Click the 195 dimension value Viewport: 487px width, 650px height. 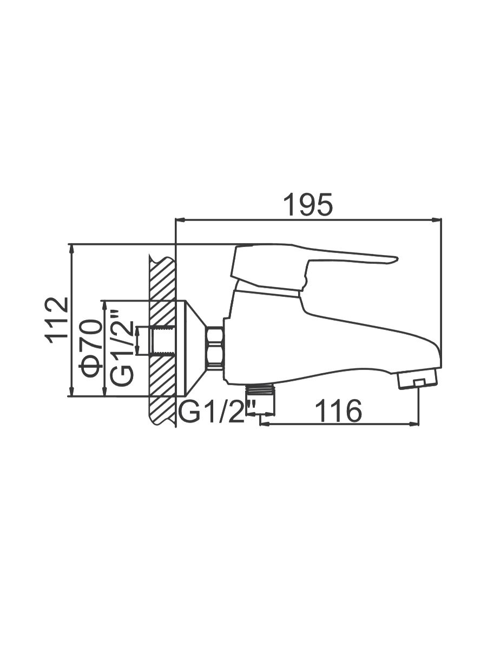tap(307, 205)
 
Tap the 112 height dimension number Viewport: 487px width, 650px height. tap(56, 321)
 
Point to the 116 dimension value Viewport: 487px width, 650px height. tap(338, 411)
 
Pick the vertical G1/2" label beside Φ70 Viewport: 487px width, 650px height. tap(122, 347)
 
